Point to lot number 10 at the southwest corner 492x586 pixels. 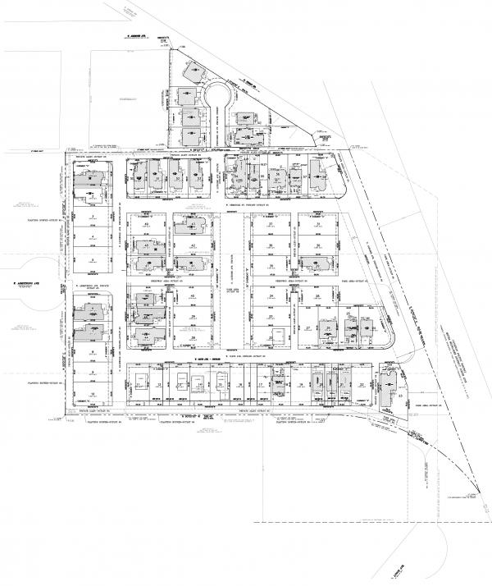tap(92, 395)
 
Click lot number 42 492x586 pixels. tap(192, 246)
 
